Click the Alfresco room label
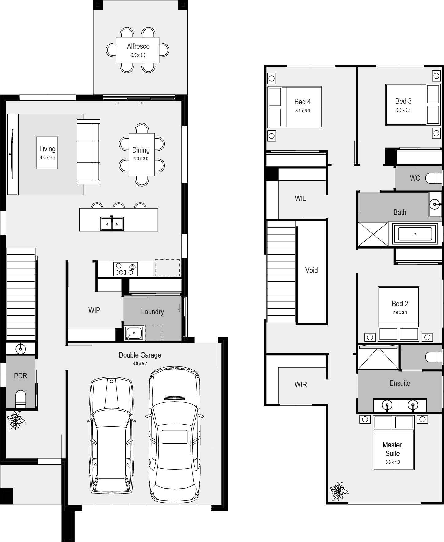[138, 46]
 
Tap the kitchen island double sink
[112, 223]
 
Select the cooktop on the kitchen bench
[125, 269]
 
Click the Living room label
[47, 149]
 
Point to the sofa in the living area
[88, 152]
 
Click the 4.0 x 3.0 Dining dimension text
[141, 159]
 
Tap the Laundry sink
[134, 333]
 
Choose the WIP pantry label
[94, 310]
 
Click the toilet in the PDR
[21, 399]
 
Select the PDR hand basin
[21, 348]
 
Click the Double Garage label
[140, 355]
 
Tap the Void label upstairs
[311, 270]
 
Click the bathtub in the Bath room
[415, 234]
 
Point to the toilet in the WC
[434, 178]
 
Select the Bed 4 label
[303, 102]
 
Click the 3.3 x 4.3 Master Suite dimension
[392, 462]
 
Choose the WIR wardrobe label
[301, 385]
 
